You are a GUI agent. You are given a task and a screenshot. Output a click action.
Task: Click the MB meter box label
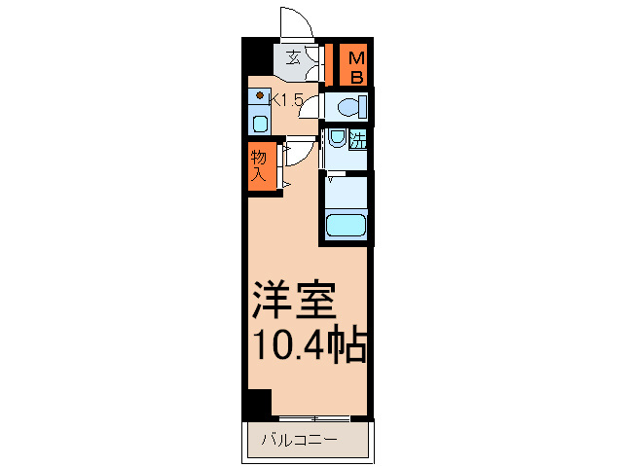(x=356, y=64)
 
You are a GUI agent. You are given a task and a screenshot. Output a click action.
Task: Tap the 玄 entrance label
(x=294, y=57)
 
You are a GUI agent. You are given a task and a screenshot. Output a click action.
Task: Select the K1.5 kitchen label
(x=287, y=99)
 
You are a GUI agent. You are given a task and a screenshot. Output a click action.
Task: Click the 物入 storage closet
(x=260, y=165)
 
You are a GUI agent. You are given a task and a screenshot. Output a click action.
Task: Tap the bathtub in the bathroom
(x=345, y=227)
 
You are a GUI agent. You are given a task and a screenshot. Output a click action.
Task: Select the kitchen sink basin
(x=259, y=123)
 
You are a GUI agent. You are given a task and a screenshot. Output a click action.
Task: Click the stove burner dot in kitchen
(x=258, y=96)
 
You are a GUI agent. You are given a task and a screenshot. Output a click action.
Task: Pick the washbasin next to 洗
(x=336, y=138)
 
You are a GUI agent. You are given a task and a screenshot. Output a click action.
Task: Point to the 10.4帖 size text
(x=310, y=345)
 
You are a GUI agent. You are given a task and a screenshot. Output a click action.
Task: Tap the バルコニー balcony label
(x=298, y=441)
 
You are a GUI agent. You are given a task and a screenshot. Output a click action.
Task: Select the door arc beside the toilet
(x=310, y=108)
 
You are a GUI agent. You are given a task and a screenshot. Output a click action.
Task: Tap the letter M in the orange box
(x=356, y=55)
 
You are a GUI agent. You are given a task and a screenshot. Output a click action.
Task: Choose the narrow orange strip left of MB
(x=330, y=64)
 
